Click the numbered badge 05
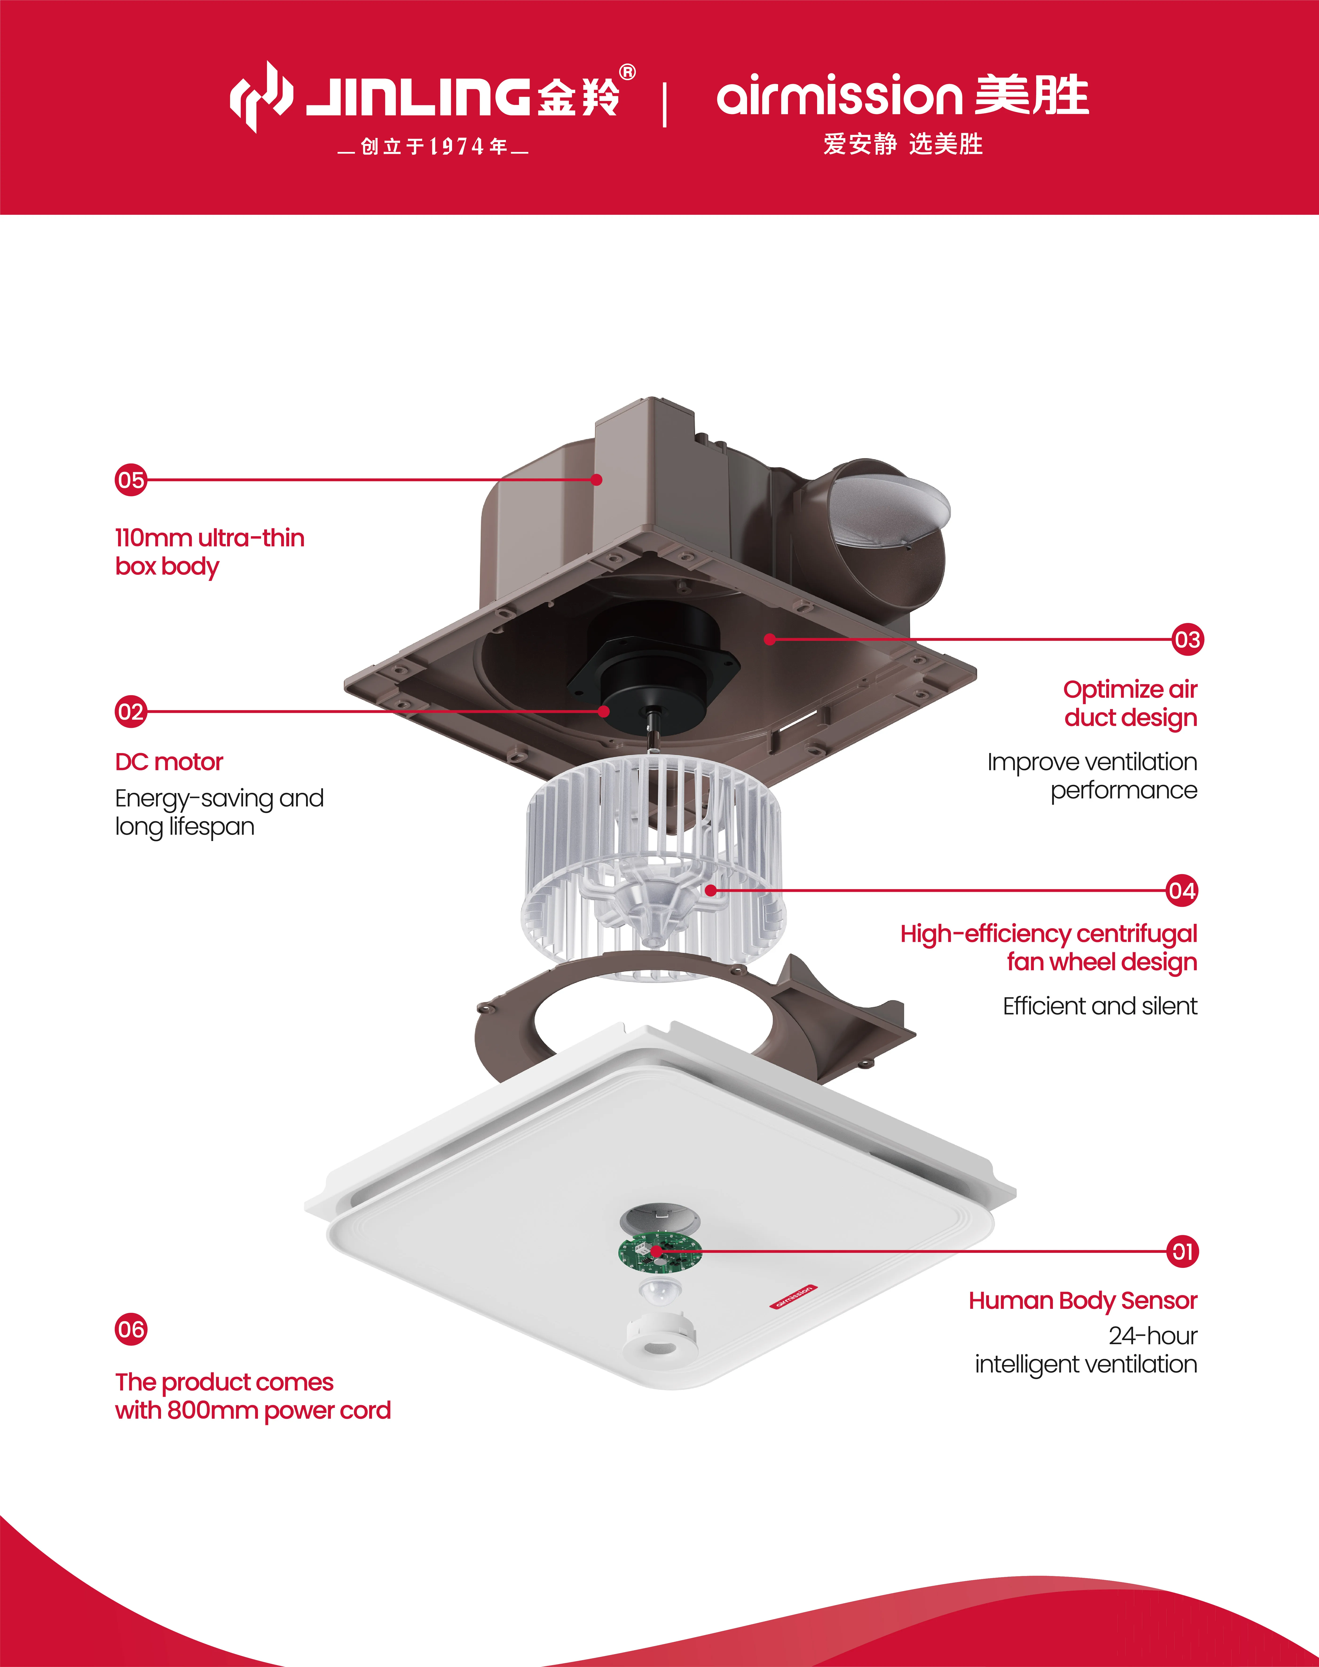pyautogui.click(x=130, y=480)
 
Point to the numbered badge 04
pyautogui.click(x=1181, y=891)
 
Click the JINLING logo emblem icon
pyautogui.click(x=261, y=97)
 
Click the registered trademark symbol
pyautogui.click(x=628, y=73)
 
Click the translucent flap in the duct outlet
pyautogui.click(x=896, y=506)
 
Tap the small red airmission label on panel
pyautogui.click(x=792, y=1296)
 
